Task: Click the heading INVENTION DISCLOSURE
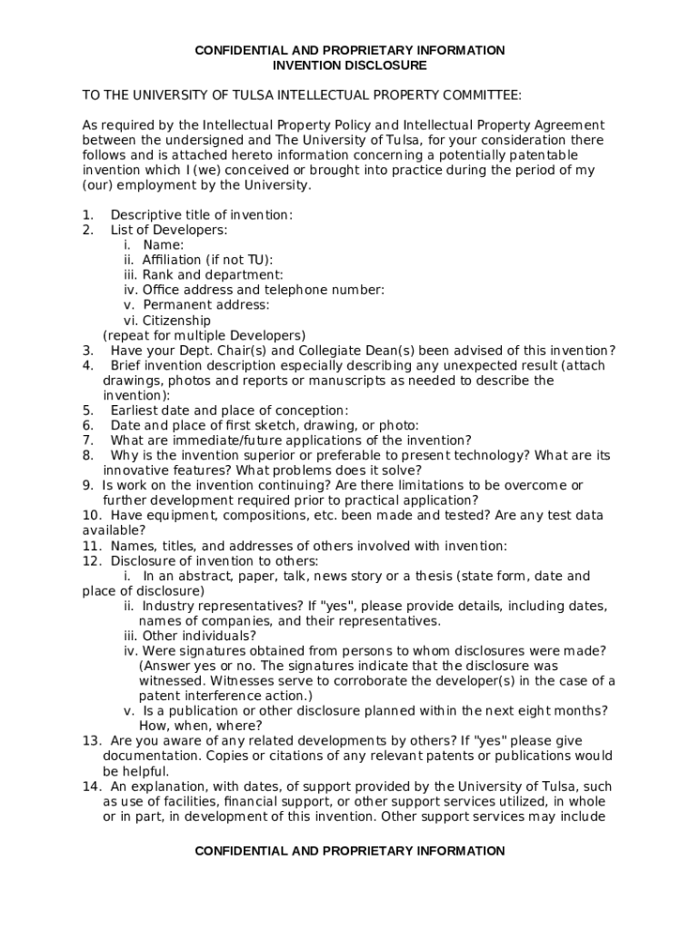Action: (x=350, y=65)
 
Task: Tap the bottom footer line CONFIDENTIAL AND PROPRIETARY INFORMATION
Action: (x=350, y=851)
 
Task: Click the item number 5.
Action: (x=87, y=411)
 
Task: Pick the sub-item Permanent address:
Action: (x=205, y=305)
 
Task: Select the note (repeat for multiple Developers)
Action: (x=205, y=335)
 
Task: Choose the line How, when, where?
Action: (x=200, y=726)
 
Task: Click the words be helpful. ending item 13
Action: (x=136, y=771)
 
